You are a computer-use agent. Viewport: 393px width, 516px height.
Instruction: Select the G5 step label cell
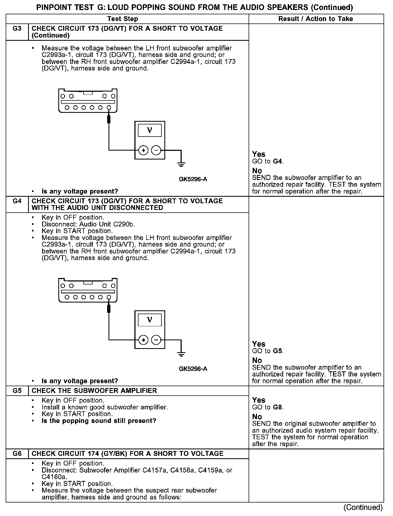point(17,391)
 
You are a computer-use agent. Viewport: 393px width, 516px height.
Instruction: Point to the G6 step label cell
point(17,453)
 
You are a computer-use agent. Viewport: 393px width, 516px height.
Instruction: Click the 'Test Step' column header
point(123,19)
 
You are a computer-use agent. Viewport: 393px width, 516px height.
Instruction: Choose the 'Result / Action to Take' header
point(316,19)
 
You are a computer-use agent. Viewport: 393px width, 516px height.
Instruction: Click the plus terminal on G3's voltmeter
point(143,150)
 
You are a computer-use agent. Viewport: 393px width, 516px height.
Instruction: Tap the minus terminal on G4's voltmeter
point(156,340)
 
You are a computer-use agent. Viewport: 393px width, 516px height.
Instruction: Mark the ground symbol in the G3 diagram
point(181,164)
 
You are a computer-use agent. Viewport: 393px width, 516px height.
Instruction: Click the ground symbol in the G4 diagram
point(181,354)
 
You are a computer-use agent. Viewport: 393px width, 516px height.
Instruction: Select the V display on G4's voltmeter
point(150,320)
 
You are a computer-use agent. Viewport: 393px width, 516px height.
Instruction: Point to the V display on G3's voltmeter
point(150,130)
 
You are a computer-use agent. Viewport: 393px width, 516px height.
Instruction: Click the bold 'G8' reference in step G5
point(278,407)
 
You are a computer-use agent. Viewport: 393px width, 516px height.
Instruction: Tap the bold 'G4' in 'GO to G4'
point(278,161)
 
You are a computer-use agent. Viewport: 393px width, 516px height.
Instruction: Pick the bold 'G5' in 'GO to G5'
point(278,351)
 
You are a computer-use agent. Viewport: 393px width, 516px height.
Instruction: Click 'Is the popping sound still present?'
point(99,421)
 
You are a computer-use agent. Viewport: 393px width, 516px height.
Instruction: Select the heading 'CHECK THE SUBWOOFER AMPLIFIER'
point(94,391)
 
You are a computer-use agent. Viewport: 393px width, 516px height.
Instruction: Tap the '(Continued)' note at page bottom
point(363,507)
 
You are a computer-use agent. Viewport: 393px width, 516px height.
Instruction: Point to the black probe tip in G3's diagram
point(109,119)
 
